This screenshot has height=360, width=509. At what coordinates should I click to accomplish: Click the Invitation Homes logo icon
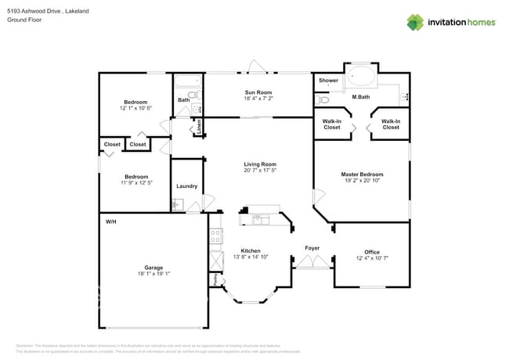coord(415,22)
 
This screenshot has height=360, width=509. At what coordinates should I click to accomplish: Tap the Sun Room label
coord(258,92)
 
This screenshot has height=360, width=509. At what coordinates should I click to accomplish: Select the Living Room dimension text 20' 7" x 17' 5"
coord(260,171)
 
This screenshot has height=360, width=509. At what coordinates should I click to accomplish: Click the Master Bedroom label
coord(362,174)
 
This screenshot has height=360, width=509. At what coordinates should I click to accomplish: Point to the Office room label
coord(372,252)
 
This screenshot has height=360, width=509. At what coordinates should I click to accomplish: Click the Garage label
coord(153,268)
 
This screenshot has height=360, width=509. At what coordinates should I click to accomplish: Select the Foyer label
coord(312,248)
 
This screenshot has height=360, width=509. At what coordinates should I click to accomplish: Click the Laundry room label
coord(186,186)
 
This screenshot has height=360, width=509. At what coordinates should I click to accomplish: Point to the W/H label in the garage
coord(111,222)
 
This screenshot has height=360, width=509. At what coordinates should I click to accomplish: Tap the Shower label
coord(328,80)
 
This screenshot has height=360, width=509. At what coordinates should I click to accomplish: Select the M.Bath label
coord(361,97)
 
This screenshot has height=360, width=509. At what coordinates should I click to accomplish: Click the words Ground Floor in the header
coord(23,20)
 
